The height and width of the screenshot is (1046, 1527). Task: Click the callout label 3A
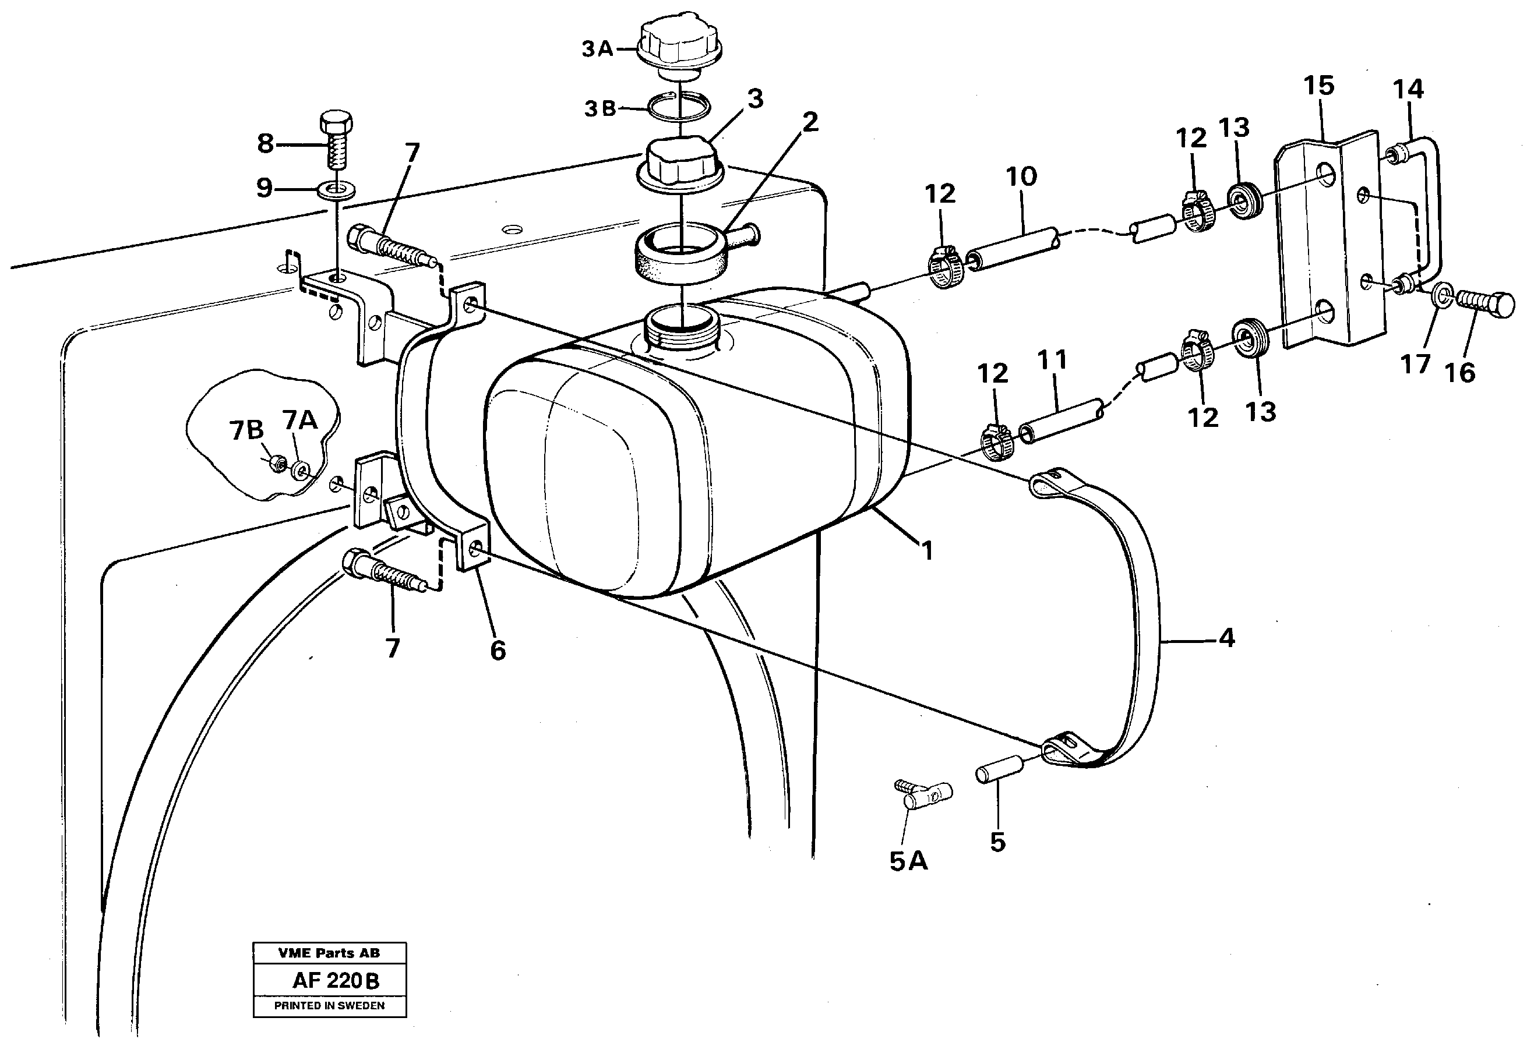coord(597,50)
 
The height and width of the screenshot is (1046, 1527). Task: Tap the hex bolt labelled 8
coord(336,142)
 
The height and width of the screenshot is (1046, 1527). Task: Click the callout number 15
coord(1318,86)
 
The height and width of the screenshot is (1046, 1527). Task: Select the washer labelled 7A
coord(302,469)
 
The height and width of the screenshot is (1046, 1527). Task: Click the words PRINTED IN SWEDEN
coord(329,1006)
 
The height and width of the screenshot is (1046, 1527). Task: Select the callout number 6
coord(498,651)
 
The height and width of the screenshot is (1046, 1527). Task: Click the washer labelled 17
coord(1439,293)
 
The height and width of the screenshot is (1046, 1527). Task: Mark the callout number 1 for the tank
coord(926,550)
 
